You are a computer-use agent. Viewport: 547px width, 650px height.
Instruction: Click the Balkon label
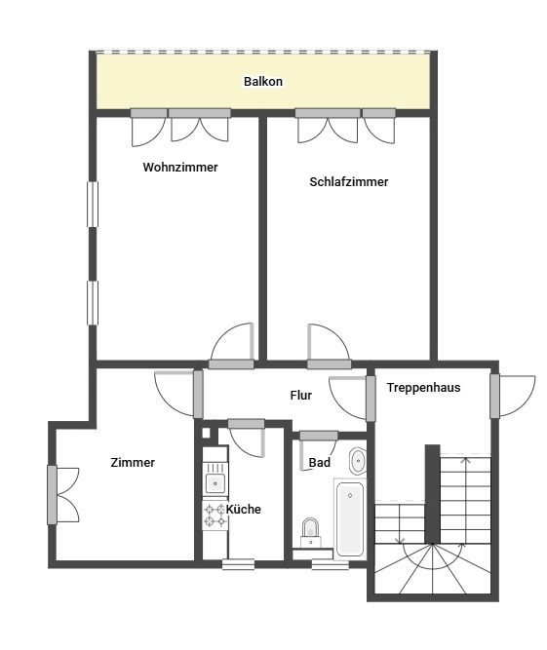(x=263, y=81)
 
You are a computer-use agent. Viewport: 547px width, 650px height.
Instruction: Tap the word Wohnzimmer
(x=180, y=167)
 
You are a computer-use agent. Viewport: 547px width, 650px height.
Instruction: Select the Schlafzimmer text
(x=349, y=181)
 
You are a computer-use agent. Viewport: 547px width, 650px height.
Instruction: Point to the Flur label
(x=300, y=395)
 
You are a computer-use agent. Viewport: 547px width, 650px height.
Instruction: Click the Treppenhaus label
(x=423, y=387)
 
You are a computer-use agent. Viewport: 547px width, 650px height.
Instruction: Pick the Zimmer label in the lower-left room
(x=133, y=462)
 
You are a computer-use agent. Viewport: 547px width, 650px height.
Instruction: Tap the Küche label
(x=244, y=509)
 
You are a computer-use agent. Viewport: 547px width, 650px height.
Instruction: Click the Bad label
(x=319, y=462)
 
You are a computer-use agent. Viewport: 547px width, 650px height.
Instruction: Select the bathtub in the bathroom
(x=350, y=518)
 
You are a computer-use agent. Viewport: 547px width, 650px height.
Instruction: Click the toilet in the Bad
(x=311, y=533)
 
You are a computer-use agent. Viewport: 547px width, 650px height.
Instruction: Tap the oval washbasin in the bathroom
(x=358, y=461)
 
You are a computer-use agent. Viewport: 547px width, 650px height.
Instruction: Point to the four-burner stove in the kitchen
(x=215, y=516)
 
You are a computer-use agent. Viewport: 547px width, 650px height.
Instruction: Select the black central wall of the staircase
(x=432, y=494)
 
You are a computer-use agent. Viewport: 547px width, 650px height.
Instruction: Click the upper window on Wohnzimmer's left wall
(x=93, y=205)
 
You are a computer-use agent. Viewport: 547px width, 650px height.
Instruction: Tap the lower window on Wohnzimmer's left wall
(x=93, y=303)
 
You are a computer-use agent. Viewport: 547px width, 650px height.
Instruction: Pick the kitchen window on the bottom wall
(x=239, y=564)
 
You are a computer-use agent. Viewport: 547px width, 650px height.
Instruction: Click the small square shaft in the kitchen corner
(x=206, y=434)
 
